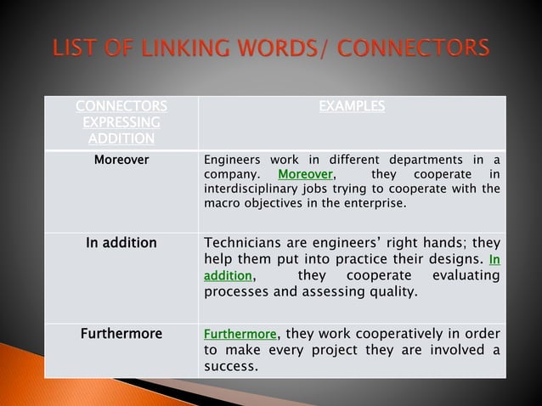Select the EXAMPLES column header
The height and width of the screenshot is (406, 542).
pyautogui.click(x=352, y=107)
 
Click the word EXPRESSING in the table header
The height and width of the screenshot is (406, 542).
pyautogui.click(x=121, y=123)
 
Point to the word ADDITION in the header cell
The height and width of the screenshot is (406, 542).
pyautogui.click(x=121, y=139)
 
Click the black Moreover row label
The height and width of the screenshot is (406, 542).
pyautogui.click(x=121, y=159)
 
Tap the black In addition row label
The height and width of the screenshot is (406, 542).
pyautogui.click(x=121, y=243)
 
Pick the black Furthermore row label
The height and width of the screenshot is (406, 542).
pyautogui.click(x=121, y=334)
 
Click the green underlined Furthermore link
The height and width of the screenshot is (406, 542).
pyautogui.click(x=240, y=334)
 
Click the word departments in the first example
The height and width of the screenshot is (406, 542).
pyautogui.click(x=422, y=160)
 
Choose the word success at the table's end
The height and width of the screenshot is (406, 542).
pyautogui.click(x=230, y=368)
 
